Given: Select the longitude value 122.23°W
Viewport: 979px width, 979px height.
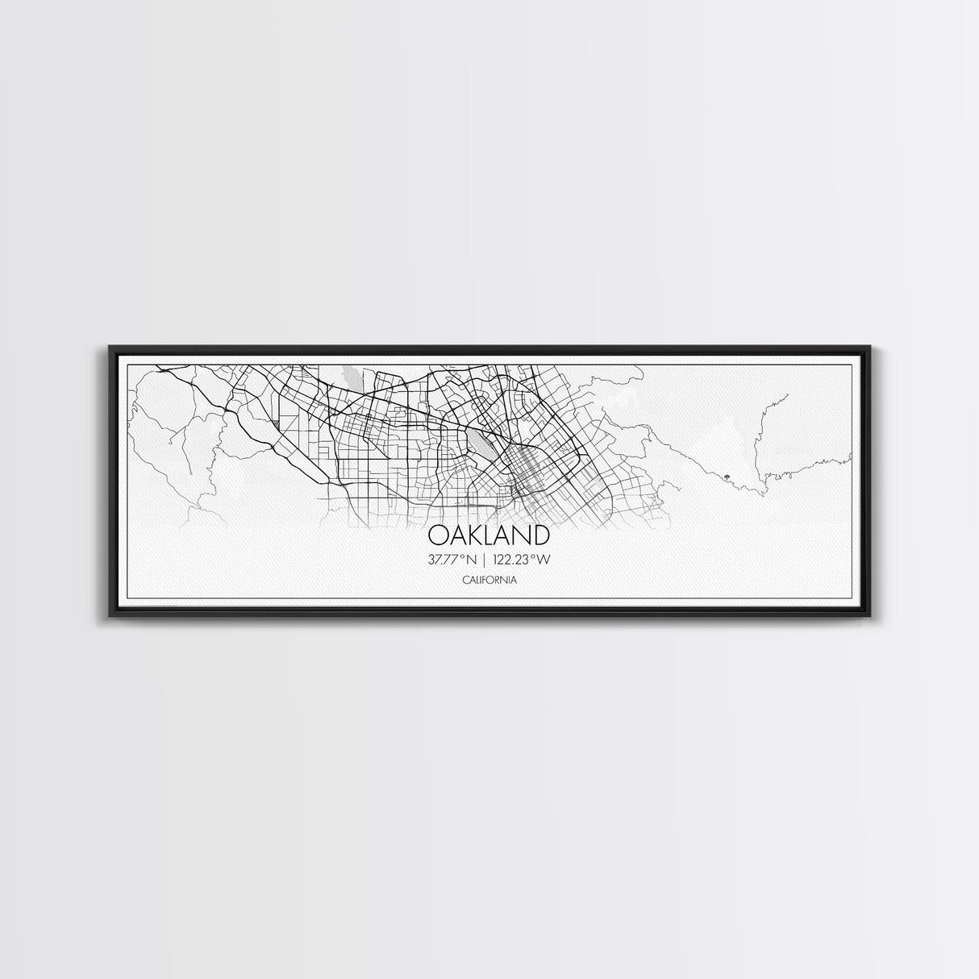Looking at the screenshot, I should (x=529, y=559).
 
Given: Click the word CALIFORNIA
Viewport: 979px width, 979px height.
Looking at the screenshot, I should (x=489, y=580).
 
